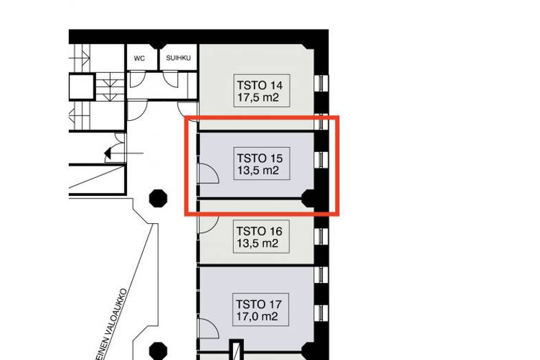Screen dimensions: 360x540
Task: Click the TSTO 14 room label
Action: (259, 91)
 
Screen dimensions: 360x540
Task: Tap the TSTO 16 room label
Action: (259, 236)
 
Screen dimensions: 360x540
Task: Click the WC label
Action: (139, 58)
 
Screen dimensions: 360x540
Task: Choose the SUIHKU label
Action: (178, 58)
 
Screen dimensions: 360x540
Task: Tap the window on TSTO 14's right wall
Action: (320, 85)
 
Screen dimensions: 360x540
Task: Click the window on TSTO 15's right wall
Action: (320, 159)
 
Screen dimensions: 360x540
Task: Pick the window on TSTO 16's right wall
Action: (320, 236)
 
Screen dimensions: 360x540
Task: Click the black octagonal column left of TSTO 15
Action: (159, 199)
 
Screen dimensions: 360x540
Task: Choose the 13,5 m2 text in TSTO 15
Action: (257, 170)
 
